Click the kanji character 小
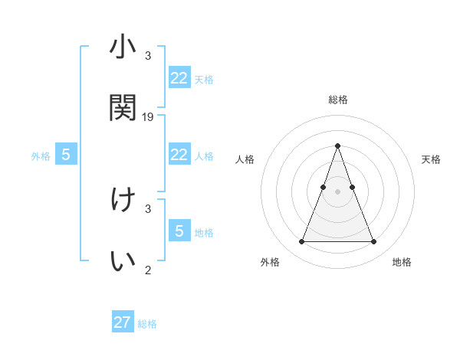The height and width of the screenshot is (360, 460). [123, 48]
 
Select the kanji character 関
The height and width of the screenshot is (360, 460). [123, 108]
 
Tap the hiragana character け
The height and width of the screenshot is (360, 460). [123, 200]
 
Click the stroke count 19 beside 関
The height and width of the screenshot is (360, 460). [148, 116]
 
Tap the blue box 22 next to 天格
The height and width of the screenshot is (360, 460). [179, 77]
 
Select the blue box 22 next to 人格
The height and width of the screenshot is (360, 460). [179, 155]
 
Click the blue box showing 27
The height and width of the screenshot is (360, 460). [123, 322]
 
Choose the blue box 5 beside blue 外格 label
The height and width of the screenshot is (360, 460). [66, 155]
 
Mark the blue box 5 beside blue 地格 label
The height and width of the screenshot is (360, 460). [179, 231]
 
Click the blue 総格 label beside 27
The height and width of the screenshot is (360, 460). [148, 324]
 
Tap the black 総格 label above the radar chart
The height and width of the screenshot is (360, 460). [338, 100]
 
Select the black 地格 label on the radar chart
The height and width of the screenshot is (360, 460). [402, 262]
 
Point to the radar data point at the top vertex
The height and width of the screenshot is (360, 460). [337, 146]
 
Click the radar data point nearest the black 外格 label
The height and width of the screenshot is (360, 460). [301, 242]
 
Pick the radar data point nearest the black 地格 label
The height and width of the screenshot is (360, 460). [373, 242]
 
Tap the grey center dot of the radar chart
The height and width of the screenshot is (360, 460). [337, 191]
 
